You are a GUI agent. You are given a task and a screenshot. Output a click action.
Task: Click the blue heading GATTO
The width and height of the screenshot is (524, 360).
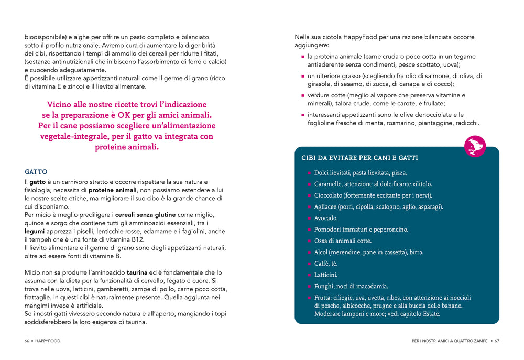point(36,172)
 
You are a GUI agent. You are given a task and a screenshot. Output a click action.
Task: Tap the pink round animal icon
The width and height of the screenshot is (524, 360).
point(475,146)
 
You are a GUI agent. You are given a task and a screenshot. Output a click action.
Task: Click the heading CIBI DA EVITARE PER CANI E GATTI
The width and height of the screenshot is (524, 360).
point(359,158)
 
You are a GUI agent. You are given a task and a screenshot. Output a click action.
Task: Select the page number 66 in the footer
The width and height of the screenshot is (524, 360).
point(27,341)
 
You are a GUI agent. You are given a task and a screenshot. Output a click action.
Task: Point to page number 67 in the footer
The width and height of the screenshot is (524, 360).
point(497,341)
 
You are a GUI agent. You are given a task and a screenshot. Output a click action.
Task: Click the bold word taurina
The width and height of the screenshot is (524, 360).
point(137,272)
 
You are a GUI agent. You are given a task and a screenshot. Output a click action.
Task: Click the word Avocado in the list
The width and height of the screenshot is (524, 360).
point(326,218)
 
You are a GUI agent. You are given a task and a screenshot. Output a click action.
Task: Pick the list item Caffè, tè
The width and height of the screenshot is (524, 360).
point(326,264)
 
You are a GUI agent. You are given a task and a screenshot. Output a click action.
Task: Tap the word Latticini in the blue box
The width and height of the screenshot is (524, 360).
point(326,275)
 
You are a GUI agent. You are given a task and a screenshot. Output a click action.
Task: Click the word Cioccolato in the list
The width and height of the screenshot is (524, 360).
point(329,195)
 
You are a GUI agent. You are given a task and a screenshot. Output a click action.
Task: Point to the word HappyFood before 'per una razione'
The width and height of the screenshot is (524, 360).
point(362,37)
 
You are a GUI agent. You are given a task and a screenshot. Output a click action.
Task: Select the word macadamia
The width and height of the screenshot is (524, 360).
point(372,287)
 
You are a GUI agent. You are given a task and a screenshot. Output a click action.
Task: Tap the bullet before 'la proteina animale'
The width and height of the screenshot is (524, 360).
point(303,57)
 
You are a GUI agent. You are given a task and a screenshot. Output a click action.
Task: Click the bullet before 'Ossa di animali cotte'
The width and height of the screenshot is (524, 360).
point(309,241)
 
